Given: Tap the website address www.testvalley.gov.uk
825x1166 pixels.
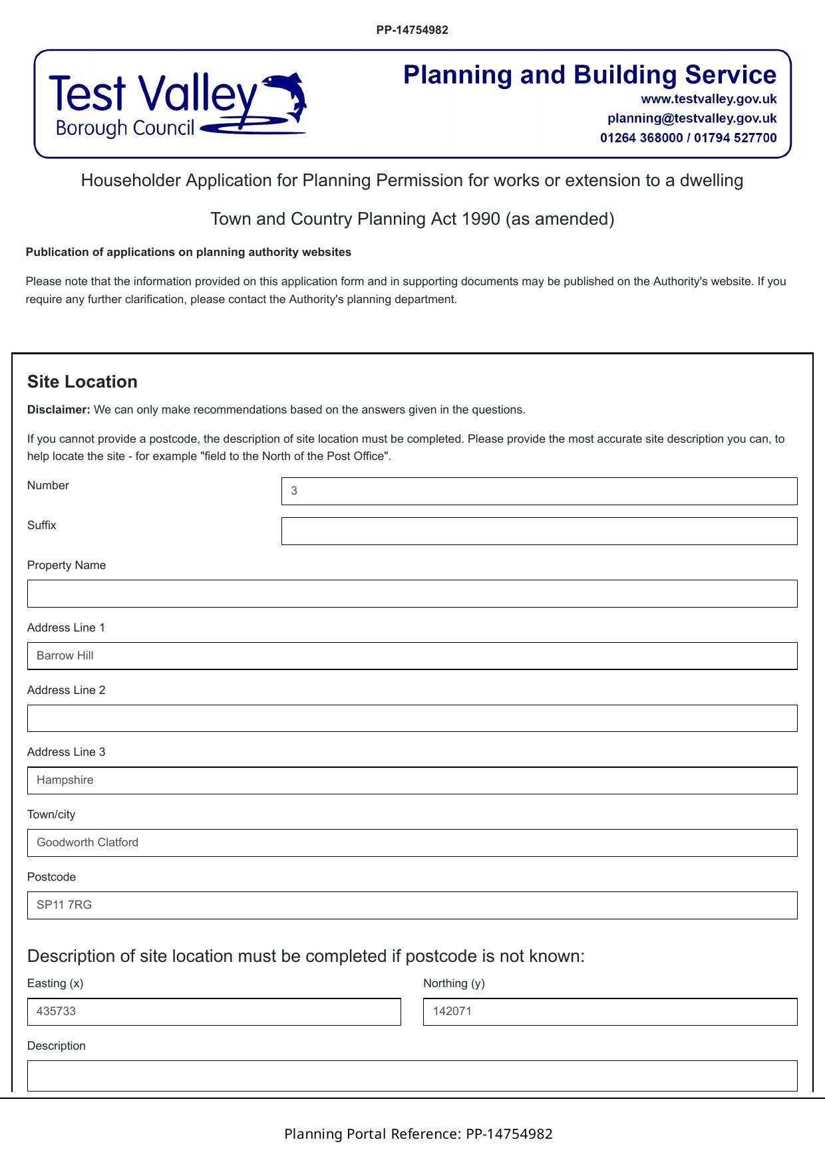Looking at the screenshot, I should (709, 99).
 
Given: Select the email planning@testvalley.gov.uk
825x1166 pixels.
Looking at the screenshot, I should (692, 118).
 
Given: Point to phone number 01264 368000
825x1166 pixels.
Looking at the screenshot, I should (641, 138).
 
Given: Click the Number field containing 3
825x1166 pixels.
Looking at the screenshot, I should (539, 491).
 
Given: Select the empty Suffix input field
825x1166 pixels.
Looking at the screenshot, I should (539, 531).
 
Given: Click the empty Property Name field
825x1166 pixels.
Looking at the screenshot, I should (412, 594).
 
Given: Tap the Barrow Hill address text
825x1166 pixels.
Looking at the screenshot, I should (65, 655).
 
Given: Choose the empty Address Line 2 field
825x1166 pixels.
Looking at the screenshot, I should (412, 719).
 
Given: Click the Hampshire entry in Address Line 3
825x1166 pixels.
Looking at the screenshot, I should (65, 780).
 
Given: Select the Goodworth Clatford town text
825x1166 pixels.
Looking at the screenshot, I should (88, 842).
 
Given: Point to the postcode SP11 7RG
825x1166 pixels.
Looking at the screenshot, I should (65, 905).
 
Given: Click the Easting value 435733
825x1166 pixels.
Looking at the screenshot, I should (57, 1011).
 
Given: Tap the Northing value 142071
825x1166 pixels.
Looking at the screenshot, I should (452, 1011).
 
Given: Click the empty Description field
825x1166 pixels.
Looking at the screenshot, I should (412, 1076).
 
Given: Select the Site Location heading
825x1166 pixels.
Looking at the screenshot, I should (82, 382).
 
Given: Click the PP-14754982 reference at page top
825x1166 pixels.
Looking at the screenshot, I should (412, 30).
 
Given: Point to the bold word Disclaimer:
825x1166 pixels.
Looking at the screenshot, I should (59, 409).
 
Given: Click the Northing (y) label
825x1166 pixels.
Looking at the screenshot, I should (454, 983).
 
